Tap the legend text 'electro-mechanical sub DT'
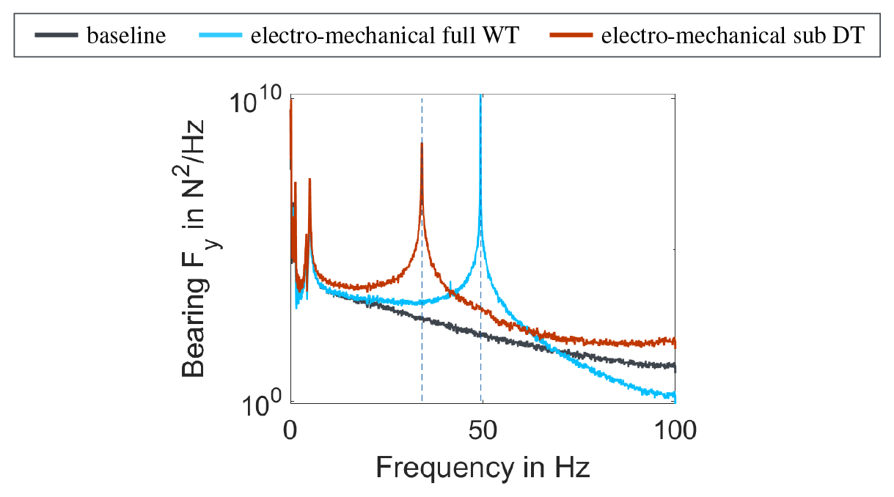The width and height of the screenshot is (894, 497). tap(730, 36)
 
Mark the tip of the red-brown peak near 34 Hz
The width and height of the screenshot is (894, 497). tap(422, 143)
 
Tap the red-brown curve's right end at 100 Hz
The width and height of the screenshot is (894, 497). tap(675, 342)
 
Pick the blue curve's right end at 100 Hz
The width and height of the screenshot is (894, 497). tap(675, 397)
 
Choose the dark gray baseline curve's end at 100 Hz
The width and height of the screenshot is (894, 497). tap(675, 366)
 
